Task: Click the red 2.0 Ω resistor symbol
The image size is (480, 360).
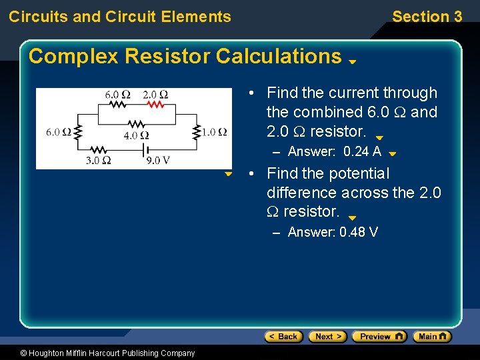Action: click(155, 105)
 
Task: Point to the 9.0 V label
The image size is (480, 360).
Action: click(157, 160)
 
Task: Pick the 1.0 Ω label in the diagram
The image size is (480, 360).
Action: click(214, 131)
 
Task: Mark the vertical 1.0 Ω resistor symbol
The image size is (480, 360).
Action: click(197, 131)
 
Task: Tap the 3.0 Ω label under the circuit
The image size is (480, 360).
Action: click(97, 160)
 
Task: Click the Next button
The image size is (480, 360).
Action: click(328, 336)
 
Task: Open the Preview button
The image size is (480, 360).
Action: click(379, 336)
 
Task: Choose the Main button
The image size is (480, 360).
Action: click(432, 336)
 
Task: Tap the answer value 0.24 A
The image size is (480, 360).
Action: click(362, 151)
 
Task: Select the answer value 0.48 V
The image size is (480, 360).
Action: click(359, 232)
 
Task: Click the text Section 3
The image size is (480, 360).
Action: click(427, 17)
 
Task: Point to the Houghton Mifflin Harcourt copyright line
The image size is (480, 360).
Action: click(99, 353)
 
